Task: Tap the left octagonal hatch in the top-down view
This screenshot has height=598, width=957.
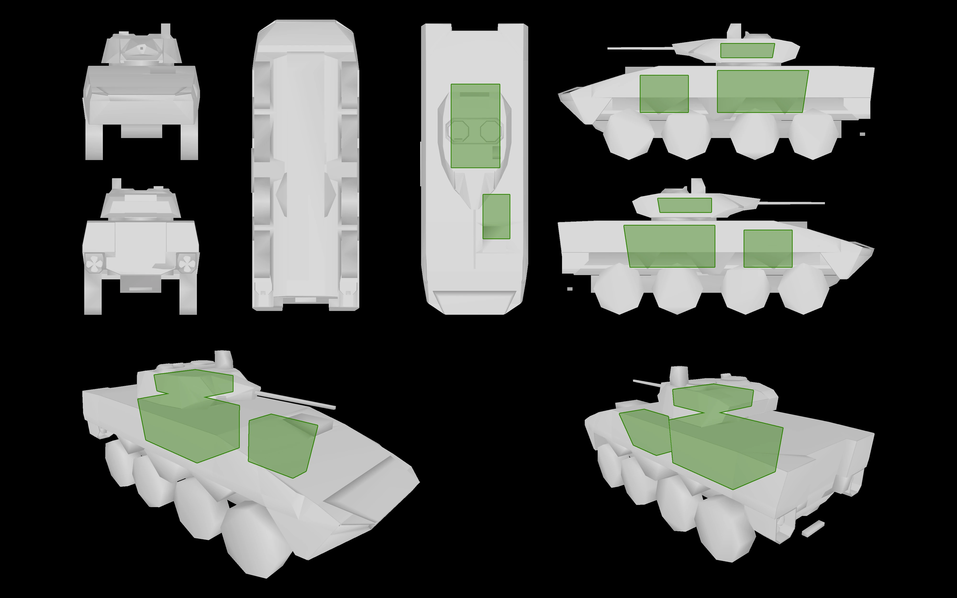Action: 458,131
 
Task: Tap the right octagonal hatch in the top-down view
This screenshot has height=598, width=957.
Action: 491,131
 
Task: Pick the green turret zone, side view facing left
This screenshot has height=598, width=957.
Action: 747,51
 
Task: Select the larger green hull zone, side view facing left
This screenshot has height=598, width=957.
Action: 761,91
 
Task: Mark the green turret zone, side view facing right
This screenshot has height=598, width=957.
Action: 684,205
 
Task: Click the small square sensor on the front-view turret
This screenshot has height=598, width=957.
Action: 141,48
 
